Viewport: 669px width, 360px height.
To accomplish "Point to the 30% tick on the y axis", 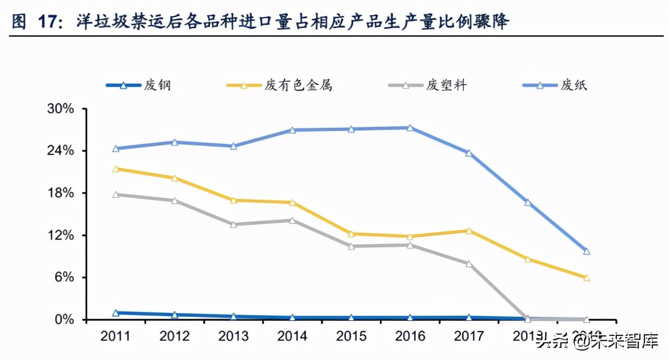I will tap(61, 109).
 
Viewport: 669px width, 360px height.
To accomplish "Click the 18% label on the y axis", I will tap(61, 193).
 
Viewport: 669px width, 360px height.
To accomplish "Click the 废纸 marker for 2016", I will tap(410, 128).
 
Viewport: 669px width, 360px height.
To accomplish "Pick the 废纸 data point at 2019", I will tap(587, 251).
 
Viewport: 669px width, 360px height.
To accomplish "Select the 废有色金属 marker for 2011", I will tap(116, 169).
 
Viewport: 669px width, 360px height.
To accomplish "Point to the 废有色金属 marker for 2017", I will tap(469, 231).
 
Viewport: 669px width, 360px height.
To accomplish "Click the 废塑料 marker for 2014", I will tap(292, 220).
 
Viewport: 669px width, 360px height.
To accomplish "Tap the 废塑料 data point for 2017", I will tap(469, 264).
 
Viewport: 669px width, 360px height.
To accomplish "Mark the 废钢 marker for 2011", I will tap(116, 313).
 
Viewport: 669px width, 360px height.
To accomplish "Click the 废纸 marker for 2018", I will tap(528, 202).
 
